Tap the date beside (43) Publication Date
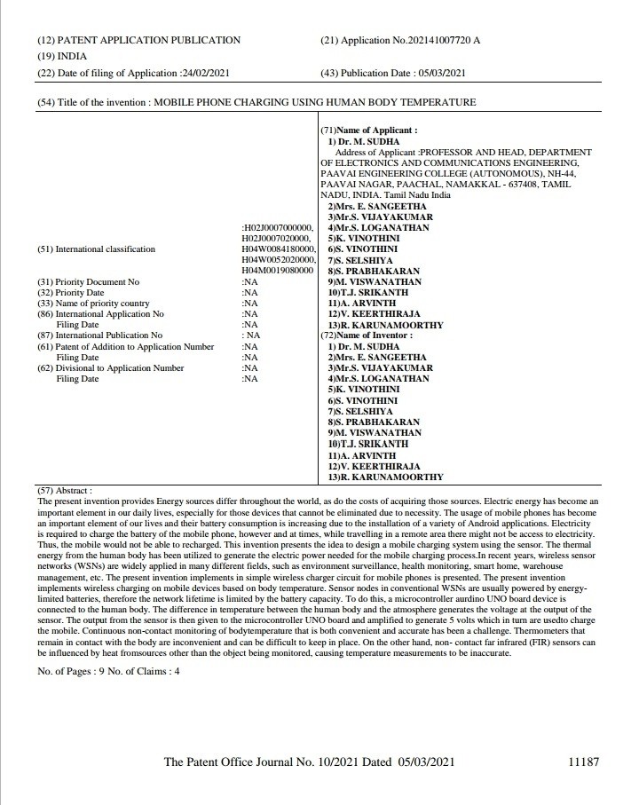click(x=441, y=73)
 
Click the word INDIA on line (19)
click(x=70, y=56)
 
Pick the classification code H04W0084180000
click(x=279, y=249)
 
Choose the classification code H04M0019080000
click(x=279, y=271)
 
